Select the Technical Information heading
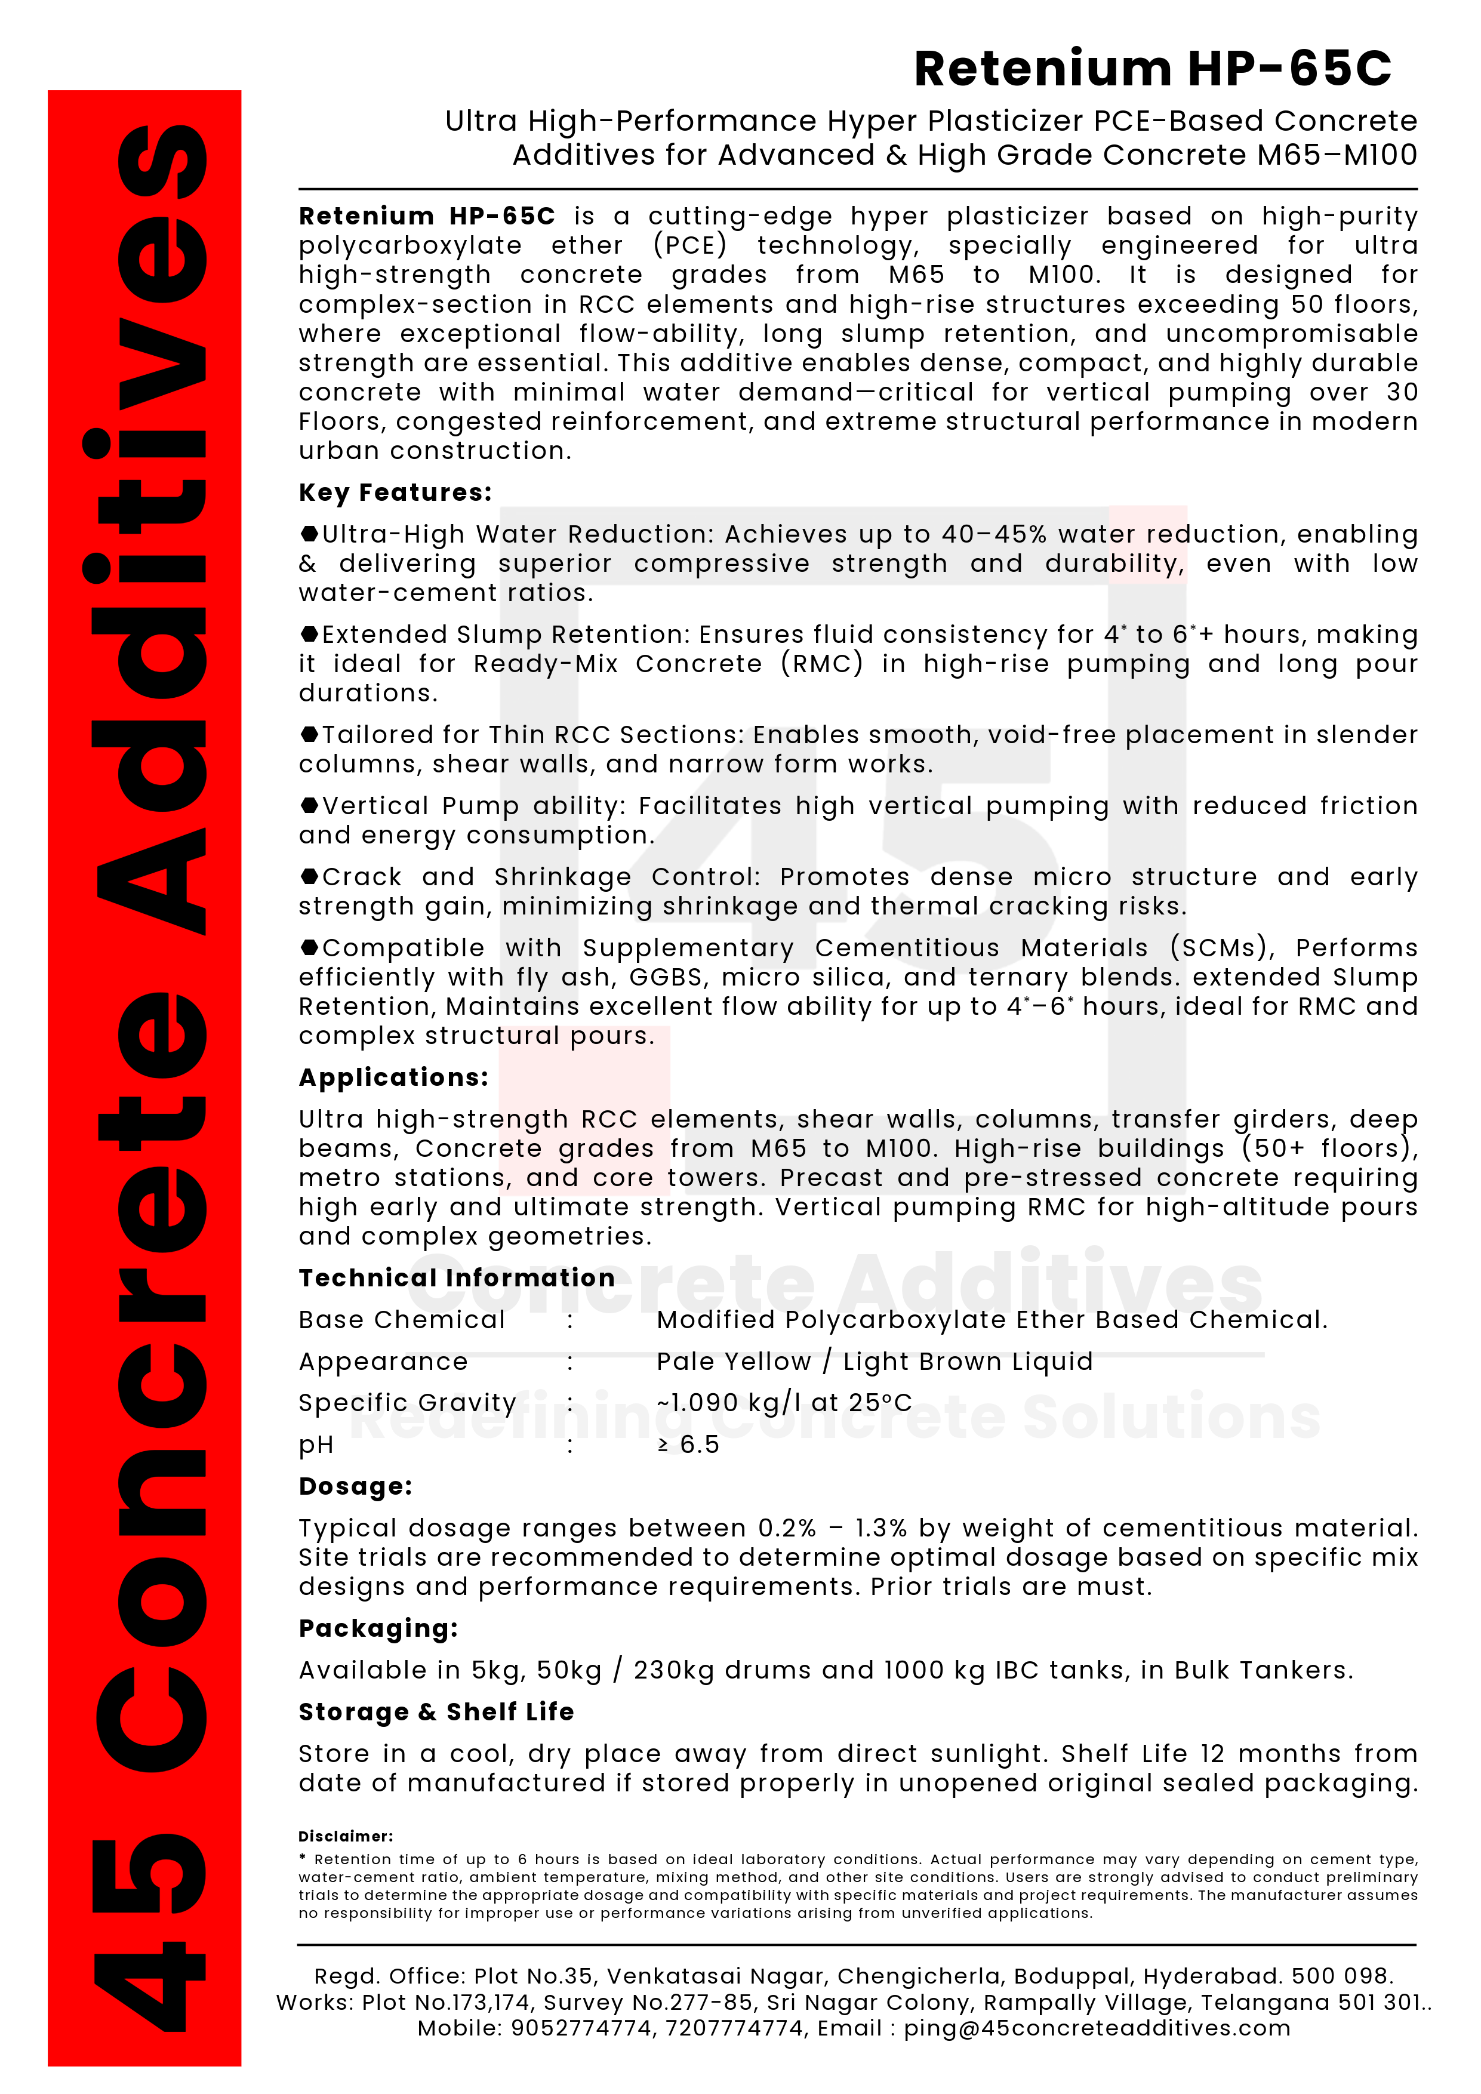456,1278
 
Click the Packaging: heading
377,1629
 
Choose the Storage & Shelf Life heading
436,1712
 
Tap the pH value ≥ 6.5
688,1445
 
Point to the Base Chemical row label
401,1320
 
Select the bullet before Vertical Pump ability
309,805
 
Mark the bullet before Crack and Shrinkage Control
309,876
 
